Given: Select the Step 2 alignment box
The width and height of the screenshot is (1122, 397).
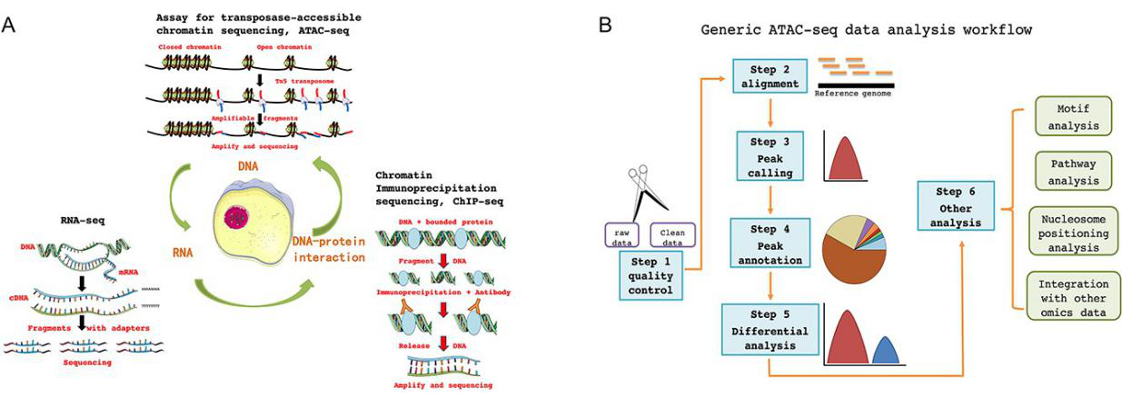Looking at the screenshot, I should pyautogui.click(x=770, y=76).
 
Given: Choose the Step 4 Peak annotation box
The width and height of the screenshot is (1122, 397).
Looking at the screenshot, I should pyautogui.click(x=770, y=242).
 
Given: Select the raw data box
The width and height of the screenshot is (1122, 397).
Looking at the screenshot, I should pyautogui.click(x=625, y=235).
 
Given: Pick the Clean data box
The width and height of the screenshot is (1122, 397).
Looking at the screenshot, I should pyautogui.click(x=672, y=235).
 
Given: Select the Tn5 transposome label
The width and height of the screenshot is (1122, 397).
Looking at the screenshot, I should pyautogui.click(x=304, y=81).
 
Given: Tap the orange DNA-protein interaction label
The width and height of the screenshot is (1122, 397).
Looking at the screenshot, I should pyautogui.click(x=328, y=249).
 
